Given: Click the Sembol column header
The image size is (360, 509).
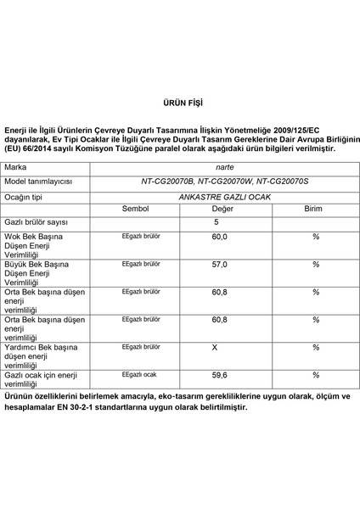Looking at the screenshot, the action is click(x=135, y=208).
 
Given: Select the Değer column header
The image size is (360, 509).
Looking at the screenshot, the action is click(x=222, y=208).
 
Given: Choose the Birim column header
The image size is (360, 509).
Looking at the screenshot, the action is click(x=313, y=208).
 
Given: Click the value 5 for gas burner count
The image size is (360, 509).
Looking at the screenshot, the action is click(x=216, y=222).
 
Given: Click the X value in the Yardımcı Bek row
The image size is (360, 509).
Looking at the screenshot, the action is click(x=215, y=347).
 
